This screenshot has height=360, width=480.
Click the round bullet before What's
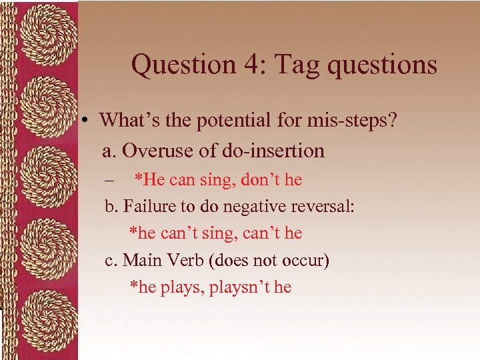click(x=87, y=121)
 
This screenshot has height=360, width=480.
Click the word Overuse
click(x=157, y=151)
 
